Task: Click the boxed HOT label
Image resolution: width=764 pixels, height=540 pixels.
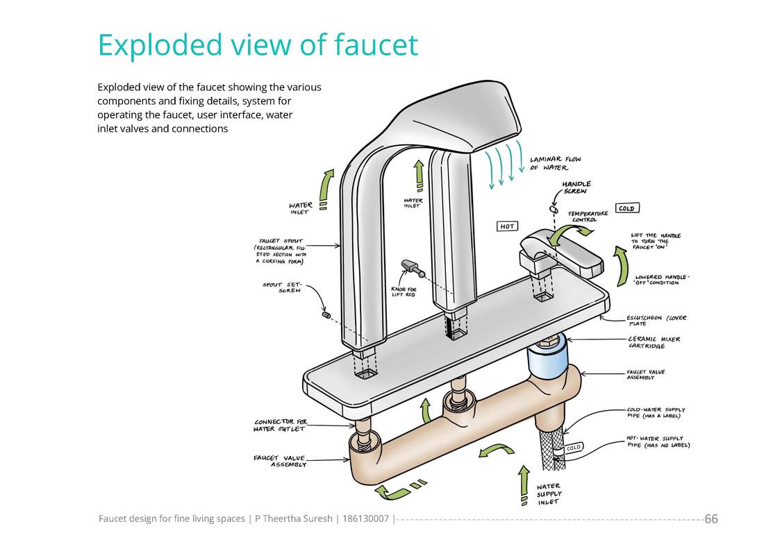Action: tap(507, 226)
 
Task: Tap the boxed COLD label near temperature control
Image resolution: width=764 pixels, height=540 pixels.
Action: tap(626, 208)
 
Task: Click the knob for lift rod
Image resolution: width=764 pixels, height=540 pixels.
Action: tap(408, 265)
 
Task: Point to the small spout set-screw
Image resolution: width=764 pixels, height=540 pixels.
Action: tap(325, 316)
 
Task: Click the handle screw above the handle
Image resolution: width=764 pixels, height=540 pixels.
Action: tap(554, 208)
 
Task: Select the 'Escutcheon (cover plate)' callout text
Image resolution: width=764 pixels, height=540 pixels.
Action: tap(656, 321)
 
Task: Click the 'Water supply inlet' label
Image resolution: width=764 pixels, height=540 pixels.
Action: tap(549, 494)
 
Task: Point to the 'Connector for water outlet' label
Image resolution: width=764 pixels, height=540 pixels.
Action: tap(280, 425)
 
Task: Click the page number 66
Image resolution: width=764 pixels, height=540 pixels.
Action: tap(711, 519)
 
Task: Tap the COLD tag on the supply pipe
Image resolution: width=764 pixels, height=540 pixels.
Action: tap(573, 448)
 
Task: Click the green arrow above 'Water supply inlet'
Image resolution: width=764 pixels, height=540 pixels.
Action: tap(524, 483)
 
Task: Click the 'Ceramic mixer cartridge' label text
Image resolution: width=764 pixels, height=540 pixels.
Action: tap(654, 342)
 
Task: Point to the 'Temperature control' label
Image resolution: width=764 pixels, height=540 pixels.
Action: tap(588, 217)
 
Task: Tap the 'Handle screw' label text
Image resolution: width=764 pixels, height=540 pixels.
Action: tap(576, 187)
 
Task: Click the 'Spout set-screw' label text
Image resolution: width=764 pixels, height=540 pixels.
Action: tap(282, 287)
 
